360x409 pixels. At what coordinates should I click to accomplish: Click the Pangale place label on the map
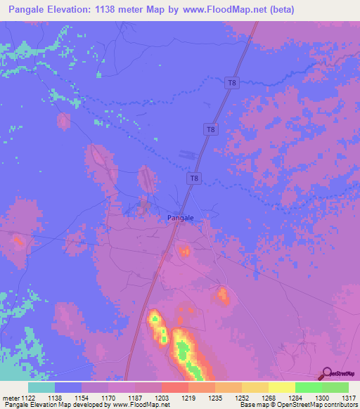coord(180,218)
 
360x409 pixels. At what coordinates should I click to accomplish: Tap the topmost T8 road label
coord(231,83)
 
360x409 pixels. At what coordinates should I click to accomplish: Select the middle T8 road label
coord(210,129)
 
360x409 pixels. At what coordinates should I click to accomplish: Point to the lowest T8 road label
coord(194,179)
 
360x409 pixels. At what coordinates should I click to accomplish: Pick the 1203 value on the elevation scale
coord(162,397)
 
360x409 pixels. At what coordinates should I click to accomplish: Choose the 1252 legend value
coord(242,397)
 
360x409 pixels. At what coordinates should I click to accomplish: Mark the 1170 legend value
coord(108,397)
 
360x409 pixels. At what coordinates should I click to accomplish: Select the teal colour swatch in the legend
coord(41,387)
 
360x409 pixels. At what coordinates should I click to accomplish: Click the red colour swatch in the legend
coord(175,387)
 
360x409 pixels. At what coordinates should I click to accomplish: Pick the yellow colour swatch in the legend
coord(281,387)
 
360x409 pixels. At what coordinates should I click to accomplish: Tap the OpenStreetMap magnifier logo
coord(326,373)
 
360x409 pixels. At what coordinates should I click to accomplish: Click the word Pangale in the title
coord(31,10)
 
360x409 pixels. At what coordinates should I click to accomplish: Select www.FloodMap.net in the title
coord(226,10)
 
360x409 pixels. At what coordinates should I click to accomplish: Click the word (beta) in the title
coord(280,10)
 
